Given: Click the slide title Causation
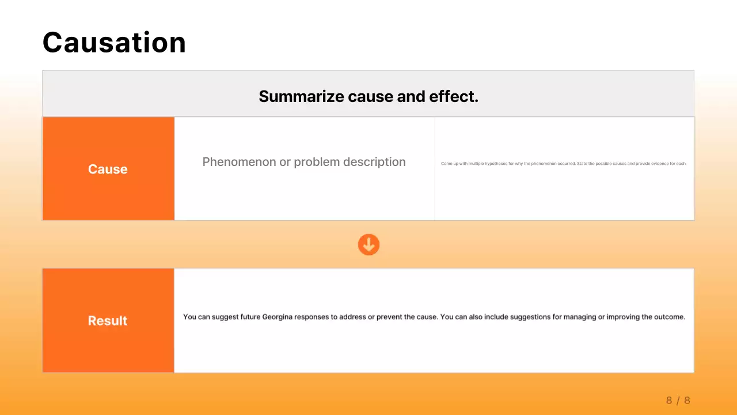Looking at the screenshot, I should pos(114,43).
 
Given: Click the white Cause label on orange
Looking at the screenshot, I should pos(108,169).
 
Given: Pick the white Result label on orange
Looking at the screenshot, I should pos(108,320).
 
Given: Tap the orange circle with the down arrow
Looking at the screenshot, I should pos(368,244).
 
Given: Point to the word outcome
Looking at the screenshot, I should pos(669,317).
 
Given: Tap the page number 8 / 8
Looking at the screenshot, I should pos(678,400).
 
